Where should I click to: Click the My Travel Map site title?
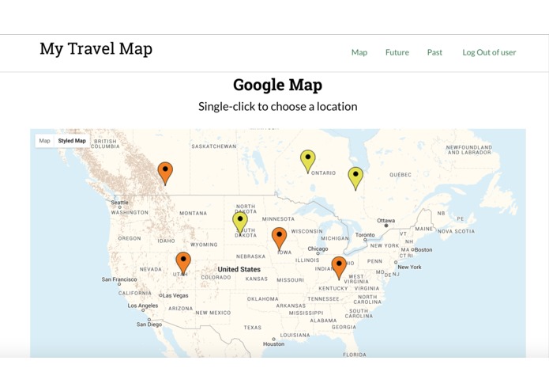click(96, 49)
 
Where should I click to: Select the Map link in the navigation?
click(359, 52)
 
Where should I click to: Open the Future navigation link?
click(397, 52)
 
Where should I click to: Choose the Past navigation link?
click(434, 52)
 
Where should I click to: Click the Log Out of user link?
click(489, 52)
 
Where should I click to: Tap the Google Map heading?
click(277, 85)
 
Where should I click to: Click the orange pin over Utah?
click(183, 261)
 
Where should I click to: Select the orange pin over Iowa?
click(279, 237)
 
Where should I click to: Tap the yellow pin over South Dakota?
click(240, 222)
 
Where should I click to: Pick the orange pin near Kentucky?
click(339, 266)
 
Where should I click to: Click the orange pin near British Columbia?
click(165, 171)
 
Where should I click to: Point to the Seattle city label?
click(120, 203)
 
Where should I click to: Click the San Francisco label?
click(119, 279)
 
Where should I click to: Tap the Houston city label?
click(273, 344)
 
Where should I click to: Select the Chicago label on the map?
click(318, 249)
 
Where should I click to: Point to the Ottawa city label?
click(385, 221)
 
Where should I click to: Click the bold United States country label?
click(239, 270)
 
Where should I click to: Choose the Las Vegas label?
click(175, 295)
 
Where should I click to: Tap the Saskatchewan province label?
click(214, 146)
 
